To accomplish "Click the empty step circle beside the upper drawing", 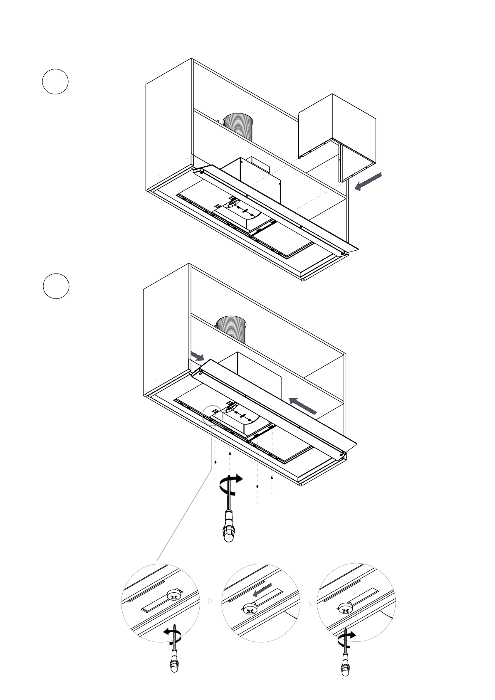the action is (55, 81).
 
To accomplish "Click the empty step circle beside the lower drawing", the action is (56, 286).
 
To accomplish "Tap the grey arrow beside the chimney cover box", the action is (368, 182).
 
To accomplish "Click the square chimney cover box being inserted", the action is (337, 133).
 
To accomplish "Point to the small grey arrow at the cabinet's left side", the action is (197, 356).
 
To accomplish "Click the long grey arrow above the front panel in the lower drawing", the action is (303, 406).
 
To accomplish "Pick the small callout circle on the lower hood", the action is (212, 415).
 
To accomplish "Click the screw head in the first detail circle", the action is (174, 596).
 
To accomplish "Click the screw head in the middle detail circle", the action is (249, 610).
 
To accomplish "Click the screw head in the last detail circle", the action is (345, 609).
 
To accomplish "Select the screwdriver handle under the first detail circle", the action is (174, 664).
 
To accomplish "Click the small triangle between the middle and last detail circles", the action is (309, 604).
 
